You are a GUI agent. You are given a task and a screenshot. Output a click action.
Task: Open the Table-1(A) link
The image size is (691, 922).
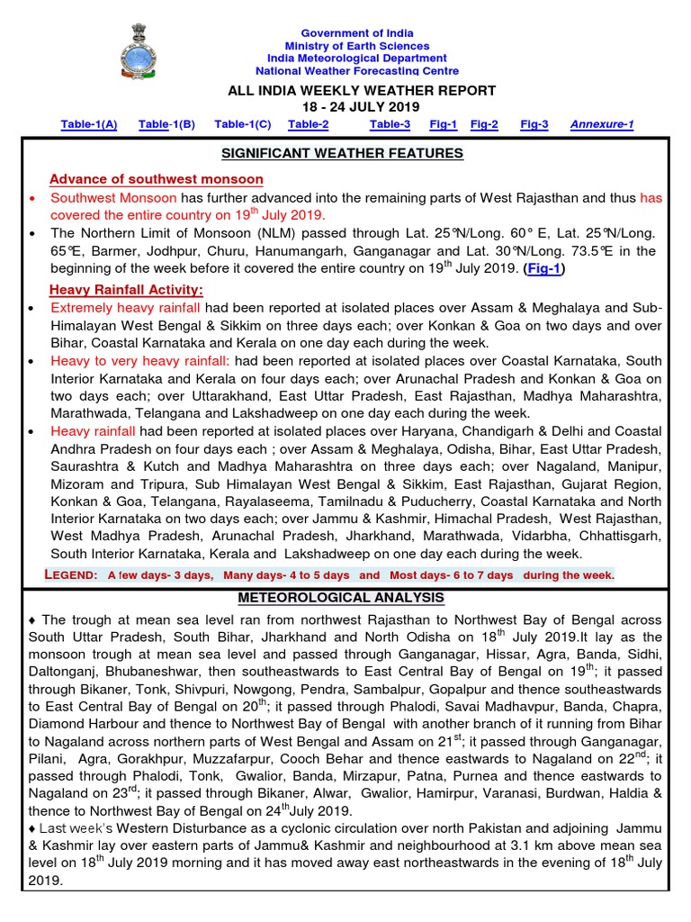tap(89, 124)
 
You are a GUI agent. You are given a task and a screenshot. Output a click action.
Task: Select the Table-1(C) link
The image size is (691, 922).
tap(243, 124)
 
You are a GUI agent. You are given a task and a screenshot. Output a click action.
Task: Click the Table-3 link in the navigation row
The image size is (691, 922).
tap(390, 124)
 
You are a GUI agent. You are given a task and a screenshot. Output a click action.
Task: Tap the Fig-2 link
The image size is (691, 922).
tap(484, 124)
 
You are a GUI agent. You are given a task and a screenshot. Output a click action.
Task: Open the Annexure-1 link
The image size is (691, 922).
tap(602, 124)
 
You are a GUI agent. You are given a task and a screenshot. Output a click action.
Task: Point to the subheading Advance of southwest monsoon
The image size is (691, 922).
tap(157, 179)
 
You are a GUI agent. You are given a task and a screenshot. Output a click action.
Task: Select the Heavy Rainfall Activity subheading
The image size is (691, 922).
tap(127, 289)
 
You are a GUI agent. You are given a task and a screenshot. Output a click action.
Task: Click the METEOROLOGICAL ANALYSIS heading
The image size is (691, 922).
tap(341, 598)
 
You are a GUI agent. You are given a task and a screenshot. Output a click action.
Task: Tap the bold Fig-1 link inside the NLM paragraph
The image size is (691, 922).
tap(542, 267)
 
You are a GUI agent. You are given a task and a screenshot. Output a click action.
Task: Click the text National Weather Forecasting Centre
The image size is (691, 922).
tap(357, 70)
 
